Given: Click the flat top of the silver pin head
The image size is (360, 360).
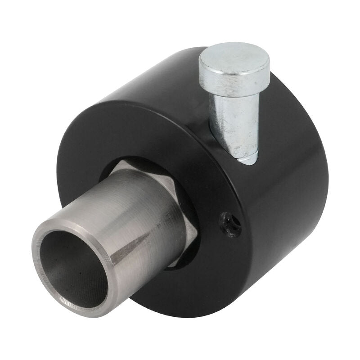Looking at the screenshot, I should [234, 58].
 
